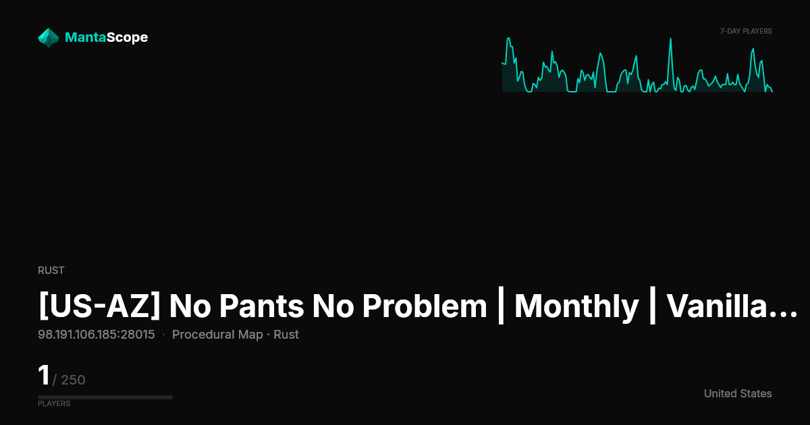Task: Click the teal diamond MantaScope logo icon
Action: pos(49,38)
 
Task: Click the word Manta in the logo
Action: pos(86,37)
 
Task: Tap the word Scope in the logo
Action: pos(128,38)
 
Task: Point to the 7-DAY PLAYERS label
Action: pos(746,32)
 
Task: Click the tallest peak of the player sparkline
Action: pos(670,38)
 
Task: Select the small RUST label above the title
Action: pos(51,271)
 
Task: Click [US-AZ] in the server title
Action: pos(99,306)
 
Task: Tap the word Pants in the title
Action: pos(261,306)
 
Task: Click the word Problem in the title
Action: pos(425,306)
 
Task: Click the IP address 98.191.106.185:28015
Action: pos(96,335)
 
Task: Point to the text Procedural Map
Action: pos(217,335)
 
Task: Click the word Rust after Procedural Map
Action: pos(286,335)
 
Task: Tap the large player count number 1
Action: pos(44,375)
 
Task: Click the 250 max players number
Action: pos(73,380)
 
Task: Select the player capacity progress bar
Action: pos(105,397)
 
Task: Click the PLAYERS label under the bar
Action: pos(54,403)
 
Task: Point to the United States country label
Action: pos(738,393)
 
